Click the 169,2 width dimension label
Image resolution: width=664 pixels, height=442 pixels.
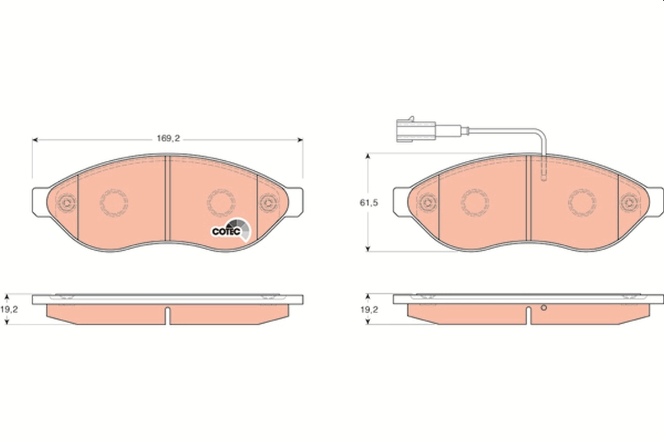click(x=168, y=139)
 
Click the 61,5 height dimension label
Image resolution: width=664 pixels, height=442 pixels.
click(x=370, y=203)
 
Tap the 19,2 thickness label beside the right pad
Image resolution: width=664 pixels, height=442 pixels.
click(x=369, y=310)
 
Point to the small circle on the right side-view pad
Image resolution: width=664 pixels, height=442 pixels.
click(x=543, y=308)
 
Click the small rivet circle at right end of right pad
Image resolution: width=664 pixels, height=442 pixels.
click(x=629, y=202)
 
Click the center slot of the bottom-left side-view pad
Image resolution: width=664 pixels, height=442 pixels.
click(x=168, y=315)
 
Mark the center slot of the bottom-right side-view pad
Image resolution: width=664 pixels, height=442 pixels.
click(x=529, y=315)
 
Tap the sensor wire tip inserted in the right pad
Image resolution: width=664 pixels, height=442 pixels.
click(x=543, y=176)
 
